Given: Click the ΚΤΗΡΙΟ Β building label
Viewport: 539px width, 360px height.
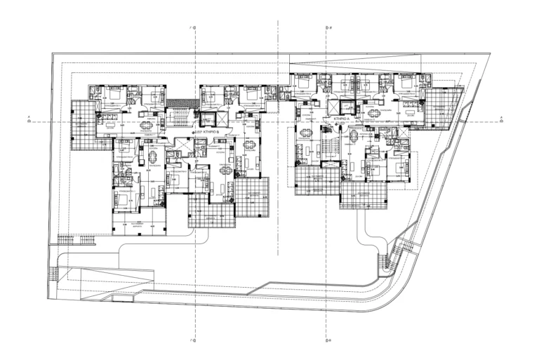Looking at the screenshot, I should [209, 131].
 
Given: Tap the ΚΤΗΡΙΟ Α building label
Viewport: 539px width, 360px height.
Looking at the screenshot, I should [342, 120].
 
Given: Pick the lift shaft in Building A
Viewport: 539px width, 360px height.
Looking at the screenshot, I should [346, 107].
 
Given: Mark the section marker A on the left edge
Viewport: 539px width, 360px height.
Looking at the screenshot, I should [29, 119].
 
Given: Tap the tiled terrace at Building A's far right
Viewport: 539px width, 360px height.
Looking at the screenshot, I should [444, 109].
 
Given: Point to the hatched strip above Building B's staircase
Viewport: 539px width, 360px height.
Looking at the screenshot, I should [182, 102].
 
